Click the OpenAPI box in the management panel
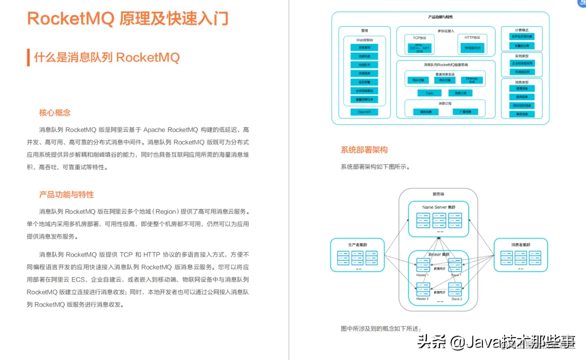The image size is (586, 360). pyautogui.click(x=364, y=112)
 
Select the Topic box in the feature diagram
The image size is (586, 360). pyautogui.click(x=429, y=93)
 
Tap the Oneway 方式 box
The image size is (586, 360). pyautogui.click(x=472, y=80)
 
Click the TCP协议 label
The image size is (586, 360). pyautogui.click(x=419, y=38)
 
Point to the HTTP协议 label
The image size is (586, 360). pyautogui.click(x=472, y=38)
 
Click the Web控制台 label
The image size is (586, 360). pyautogui.click(x=364, y=40)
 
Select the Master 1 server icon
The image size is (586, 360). pyautogui.click(x=422, y=265)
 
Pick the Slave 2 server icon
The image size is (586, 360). pyautogui.click(x=456, y=289)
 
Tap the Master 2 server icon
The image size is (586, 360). pyautogui.click(x=422, y=289)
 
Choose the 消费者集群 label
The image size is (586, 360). pyautogui.click(x=520, y=244)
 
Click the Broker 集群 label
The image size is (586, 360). pyautogui.click(x=439, y=254)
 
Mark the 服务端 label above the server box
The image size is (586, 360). pyautogui.click(x=438, y=194)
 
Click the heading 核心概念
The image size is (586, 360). pyautogui.click(x=55, y=113)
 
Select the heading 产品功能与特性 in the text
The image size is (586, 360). pyautogui.click(x=67, y=195)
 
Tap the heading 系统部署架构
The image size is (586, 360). pyautogui.click(x=364, y=150)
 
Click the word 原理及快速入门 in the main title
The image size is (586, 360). pyautogui.click(x=174, y=18)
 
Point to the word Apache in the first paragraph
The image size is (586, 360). pyautogui.click(x=154, y=130)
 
